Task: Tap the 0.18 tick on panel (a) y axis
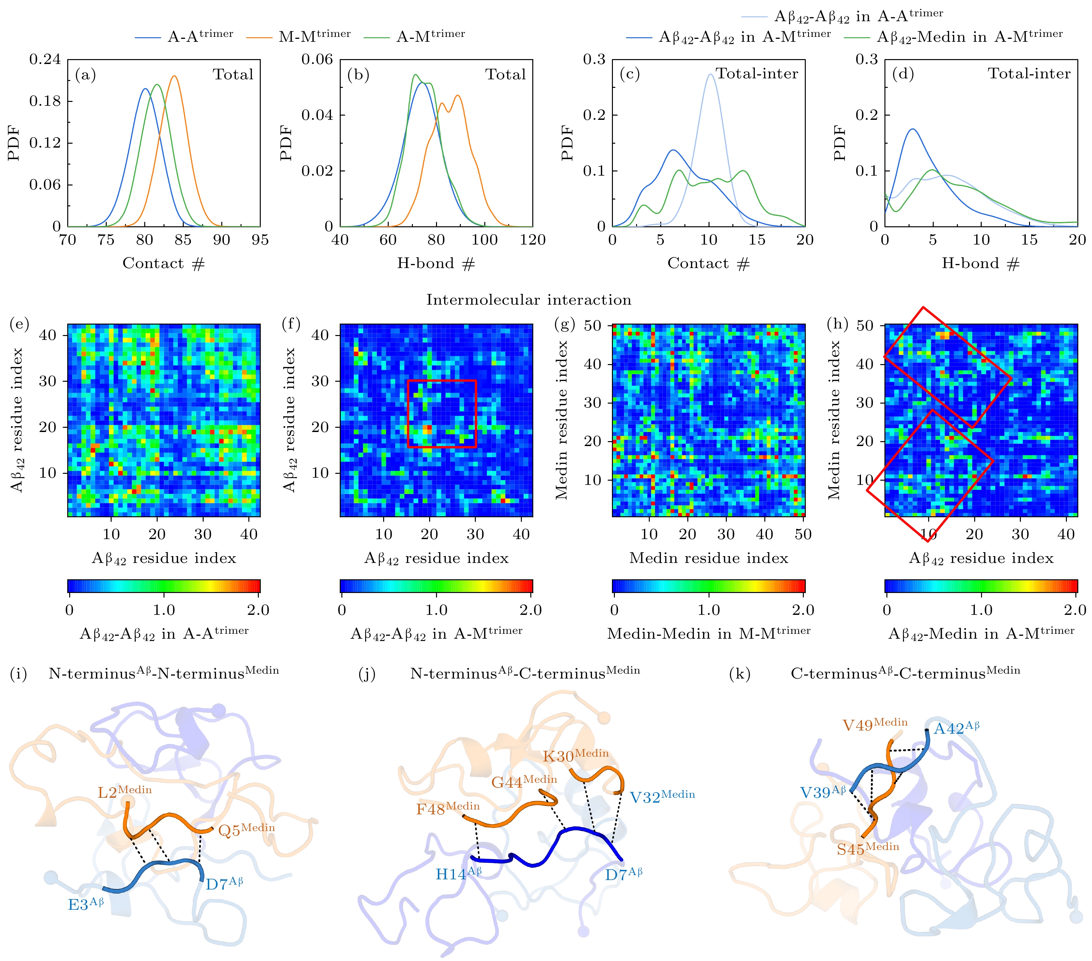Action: coord(45,101)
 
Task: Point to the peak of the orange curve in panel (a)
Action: coord(174,76)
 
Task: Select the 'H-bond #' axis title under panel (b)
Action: coord(435,264)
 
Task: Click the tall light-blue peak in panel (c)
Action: coord(710,75)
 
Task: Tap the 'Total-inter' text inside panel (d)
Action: coord(1028,74)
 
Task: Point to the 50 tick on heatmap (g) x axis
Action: coord(803,534)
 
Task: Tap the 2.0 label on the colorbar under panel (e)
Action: coord(258,610)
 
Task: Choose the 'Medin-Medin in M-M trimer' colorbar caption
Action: coord(709,633)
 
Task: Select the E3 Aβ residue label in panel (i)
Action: coord(86,904)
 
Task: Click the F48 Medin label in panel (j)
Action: coord(447,808)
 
